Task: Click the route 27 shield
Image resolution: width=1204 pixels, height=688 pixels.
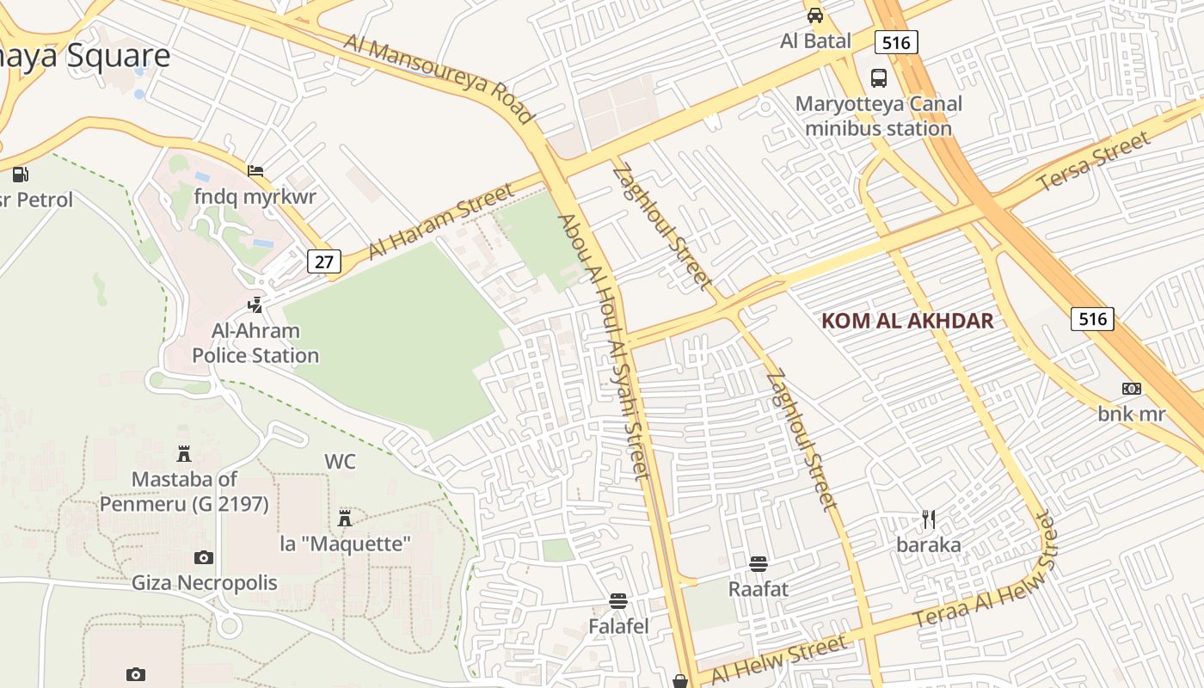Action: click(x=323, y=261)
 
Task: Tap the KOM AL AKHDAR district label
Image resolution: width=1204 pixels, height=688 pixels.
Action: click(x=907, y=322)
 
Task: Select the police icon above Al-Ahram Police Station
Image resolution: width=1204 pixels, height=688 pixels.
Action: click(x=255, y=304)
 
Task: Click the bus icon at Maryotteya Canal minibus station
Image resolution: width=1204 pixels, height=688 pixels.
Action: click(x=879, y=78)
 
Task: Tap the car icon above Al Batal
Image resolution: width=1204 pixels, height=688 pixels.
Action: click(x=814, y=15)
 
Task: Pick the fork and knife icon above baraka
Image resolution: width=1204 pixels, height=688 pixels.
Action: click(x=928, y=519)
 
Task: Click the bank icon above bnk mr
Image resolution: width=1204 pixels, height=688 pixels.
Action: click(x=1132, y=389)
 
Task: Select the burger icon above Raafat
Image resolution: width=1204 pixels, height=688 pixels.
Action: click(x=758, y=564)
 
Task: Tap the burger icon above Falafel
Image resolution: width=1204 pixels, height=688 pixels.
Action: click(x=618, y=601)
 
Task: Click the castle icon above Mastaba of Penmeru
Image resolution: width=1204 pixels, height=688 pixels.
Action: click(x=184, y=453)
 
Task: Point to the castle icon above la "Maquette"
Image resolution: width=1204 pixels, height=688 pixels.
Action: click(x=345, y=518)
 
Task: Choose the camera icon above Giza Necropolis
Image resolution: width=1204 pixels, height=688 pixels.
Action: click(x=204, y=558)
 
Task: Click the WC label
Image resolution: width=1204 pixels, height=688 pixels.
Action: click(x=340, y=462)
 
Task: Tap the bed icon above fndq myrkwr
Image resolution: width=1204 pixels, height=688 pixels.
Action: click(x=255, y=171)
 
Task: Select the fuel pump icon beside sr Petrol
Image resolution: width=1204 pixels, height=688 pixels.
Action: click(x=20, y=175)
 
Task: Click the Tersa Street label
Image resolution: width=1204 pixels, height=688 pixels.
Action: click(x=1093, y=163)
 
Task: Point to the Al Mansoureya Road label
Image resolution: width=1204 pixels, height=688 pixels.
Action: click(x=439, y=78)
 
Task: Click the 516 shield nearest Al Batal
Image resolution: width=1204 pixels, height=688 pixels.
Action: click(x=896, y=42)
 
